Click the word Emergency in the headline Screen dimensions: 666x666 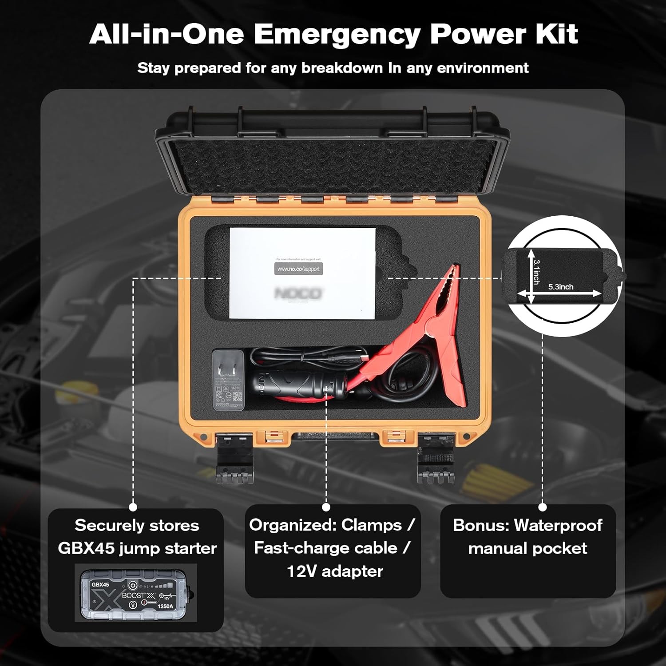tap(337, 35)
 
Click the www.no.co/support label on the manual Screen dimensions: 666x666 tap(298, 269)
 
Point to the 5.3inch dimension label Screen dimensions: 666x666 tap(560, 287)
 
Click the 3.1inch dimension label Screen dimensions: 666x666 tap(536, 272)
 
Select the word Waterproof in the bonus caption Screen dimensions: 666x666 tap(558, 525)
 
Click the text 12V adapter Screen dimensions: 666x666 tap(335, 571)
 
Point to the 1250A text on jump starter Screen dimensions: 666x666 tap(165, 607)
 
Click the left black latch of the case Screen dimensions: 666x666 tap(234, 460)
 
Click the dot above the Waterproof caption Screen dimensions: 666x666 tap(542, 507)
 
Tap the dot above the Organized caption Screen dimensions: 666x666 tap(326, 507)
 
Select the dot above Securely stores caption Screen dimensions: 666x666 tap(133, 507)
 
